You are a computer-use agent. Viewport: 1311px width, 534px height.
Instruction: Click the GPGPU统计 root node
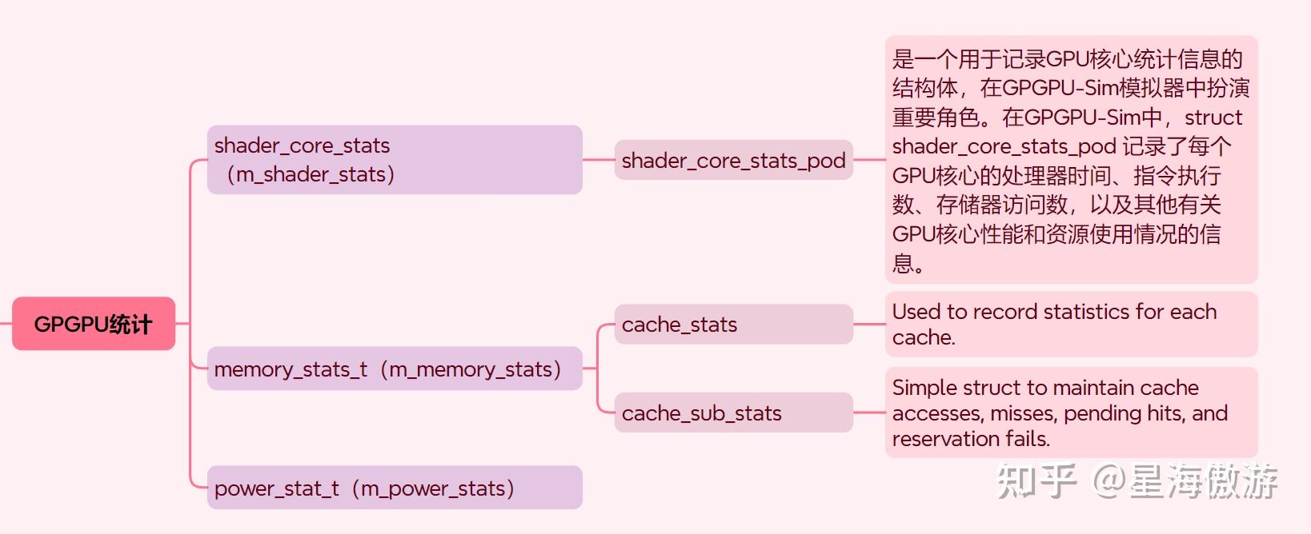94,324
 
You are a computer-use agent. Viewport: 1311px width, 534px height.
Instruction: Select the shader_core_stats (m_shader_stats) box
394,160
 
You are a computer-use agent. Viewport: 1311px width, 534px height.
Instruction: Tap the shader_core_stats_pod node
733,160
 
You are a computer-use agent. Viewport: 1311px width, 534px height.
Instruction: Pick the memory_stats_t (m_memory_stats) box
394,369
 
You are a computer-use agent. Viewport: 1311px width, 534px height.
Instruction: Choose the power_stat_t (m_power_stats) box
394,488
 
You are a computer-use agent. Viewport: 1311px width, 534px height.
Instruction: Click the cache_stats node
733,325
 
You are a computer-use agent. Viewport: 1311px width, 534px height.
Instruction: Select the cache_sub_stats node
733,412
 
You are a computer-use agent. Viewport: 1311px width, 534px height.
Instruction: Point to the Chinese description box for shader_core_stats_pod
1071,160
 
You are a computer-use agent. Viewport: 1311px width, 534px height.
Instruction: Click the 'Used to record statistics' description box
1071,324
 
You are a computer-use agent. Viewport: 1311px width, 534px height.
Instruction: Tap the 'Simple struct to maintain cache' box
1071,412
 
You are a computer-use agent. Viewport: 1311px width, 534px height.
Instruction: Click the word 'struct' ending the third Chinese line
1213,118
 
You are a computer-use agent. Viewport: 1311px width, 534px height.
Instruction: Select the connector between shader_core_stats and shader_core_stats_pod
598,160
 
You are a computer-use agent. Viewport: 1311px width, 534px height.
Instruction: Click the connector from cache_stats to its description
869,324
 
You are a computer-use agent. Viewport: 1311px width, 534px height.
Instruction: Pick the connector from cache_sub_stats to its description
869,412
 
